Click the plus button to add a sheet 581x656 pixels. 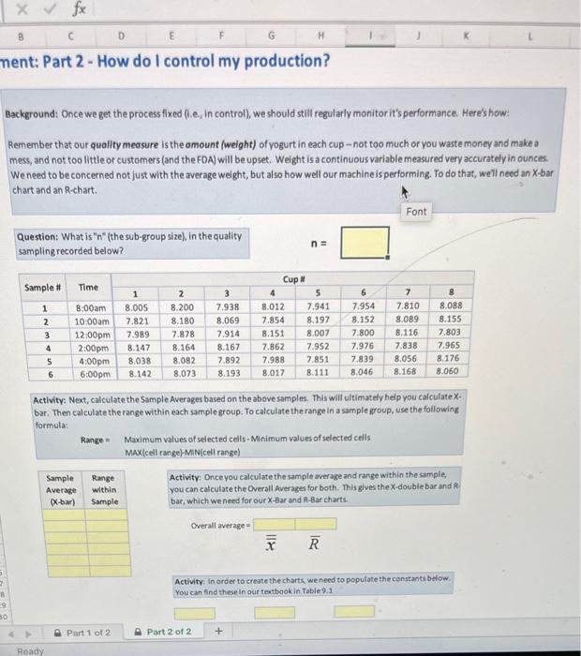(218, 632)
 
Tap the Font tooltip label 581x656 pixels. (416, 212)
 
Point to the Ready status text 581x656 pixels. (31, 649)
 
